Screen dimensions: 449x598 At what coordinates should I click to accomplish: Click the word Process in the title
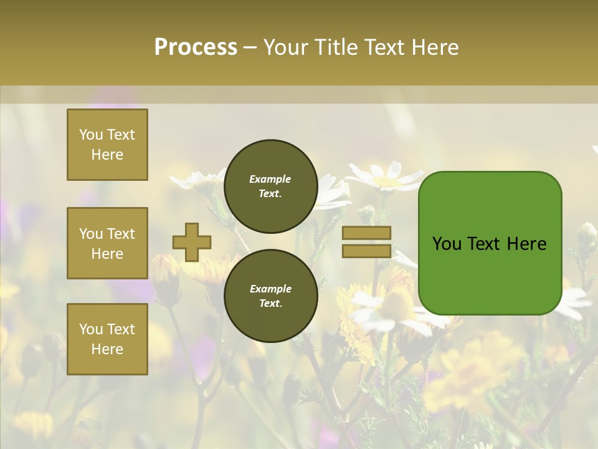196,47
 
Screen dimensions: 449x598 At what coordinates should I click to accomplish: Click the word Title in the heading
333,47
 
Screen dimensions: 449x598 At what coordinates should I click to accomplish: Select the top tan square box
107,145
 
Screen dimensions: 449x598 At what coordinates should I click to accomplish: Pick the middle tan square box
107,243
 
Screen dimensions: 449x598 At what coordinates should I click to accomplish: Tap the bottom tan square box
107,339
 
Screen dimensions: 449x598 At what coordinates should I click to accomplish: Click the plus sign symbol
192,242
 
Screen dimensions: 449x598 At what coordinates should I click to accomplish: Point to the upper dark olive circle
270,186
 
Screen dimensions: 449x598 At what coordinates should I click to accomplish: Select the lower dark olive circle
270,296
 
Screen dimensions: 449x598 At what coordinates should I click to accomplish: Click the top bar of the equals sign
366,233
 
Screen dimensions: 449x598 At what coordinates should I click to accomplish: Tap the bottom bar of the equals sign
366,251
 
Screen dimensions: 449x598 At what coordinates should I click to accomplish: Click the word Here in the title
433,47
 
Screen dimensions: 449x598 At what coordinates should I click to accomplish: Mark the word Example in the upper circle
270,179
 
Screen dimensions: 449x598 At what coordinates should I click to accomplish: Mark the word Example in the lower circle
270,289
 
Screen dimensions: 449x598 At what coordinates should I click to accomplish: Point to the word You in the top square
91,135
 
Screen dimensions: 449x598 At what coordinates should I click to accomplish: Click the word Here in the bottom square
107,349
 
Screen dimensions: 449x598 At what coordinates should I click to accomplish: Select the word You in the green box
447,244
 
